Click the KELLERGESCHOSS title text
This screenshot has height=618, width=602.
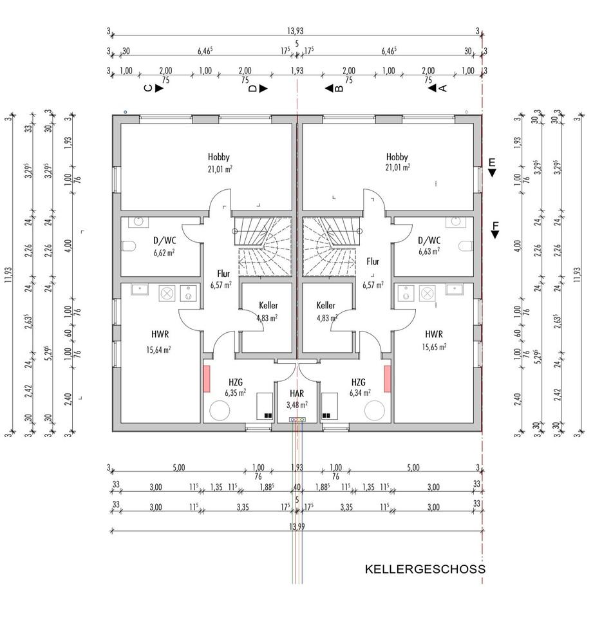pyautogui.click(x=425, y=569)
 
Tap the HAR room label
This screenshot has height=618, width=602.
pyautogui.click(x=297, y=393)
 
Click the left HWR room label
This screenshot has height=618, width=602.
pyautogui.click(x=160, y=335)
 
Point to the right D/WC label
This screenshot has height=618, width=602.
pyautogui.click(x=429, y=241)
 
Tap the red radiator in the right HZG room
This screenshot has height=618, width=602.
pyautogui.click(x=387, y=379)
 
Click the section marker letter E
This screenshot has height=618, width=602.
pyautogui.click(x=492, y=162)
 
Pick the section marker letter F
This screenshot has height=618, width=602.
pyautogui.click(x=494, y=225)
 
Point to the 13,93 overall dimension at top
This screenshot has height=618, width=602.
pyautogui.click(x=296, y=31)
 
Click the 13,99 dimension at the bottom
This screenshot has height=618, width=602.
pyautogui.click(x=297, y=526)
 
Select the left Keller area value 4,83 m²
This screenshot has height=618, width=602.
pyautogui.click(x=267, y=318)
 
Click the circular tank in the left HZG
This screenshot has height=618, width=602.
pyautogui.click(x=220, y=410)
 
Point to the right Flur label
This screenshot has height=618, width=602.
pyautogui.click(x=373, y=262)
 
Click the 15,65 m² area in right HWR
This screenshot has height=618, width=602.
pyautogui.click(x=434, y=346)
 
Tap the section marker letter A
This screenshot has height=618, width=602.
pyautogui.click(x=442, y=88)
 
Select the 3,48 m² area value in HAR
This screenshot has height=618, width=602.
pyautogui.click(x=297, y=405)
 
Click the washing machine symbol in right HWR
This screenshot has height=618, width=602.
pyautogui.click(x=427, y=293)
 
